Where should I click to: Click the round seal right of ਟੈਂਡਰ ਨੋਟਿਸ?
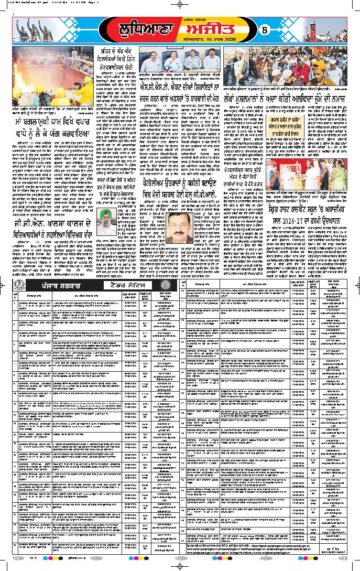click(x=167, y=287)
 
